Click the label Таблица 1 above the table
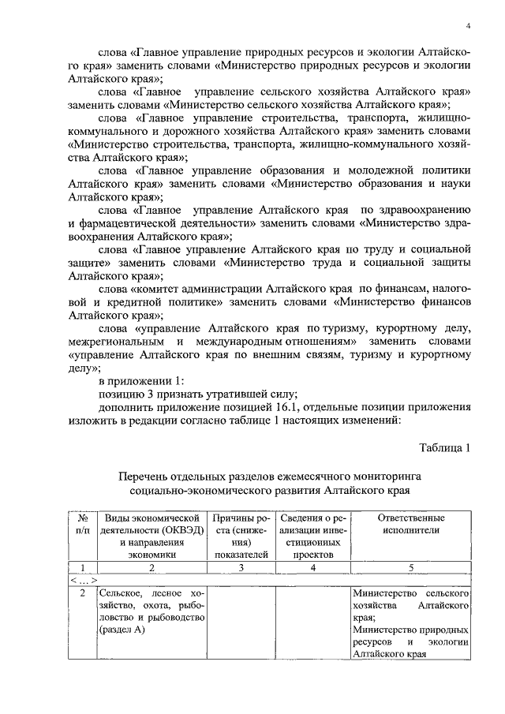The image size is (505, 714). coord(444,448)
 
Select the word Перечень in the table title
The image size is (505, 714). coord(144,477)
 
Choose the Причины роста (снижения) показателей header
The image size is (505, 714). coord(242,536)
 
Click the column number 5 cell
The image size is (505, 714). coord(411,566)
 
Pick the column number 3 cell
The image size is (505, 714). coord(242,566)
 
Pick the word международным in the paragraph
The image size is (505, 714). coord(258,341)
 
